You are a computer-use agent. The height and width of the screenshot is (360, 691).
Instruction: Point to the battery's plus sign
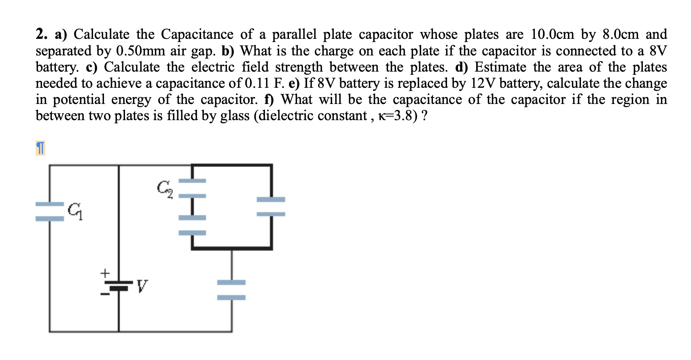(105, 273)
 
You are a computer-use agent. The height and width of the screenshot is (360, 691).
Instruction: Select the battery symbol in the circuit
(119, 286)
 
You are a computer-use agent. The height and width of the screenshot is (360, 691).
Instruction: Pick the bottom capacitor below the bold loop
(231, 290)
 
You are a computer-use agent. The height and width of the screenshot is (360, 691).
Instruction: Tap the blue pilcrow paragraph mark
(40, 148)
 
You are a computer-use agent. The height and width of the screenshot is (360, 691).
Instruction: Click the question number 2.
(41, 34)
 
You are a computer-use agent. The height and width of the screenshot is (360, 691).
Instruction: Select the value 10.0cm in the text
(552, 34)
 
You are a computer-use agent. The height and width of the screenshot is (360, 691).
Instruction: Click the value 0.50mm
(140, 51)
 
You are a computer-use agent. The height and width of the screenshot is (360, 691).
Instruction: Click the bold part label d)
(461, 67)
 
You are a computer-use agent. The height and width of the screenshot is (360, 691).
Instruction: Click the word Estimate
(500, 67)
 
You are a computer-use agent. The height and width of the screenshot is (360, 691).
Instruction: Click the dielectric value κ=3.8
(396, 116)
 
